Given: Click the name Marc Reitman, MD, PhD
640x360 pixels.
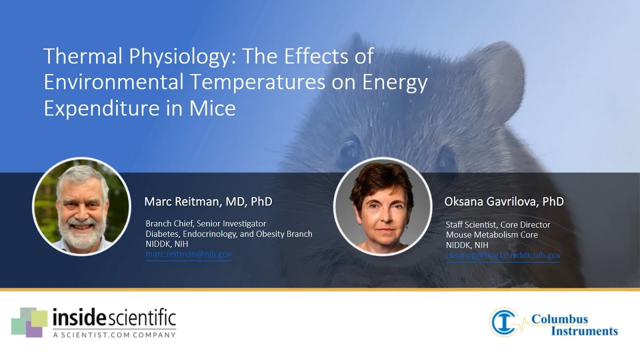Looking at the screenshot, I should (208, 201).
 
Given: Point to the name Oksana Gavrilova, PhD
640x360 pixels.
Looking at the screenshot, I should (504, 201).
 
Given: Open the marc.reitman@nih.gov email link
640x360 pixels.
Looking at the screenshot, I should (188, 254).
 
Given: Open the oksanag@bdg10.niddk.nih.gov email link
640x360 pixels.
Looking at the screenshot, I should (503, 255).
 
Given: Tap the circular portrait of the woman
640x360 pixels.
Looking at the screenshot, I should (382, 207).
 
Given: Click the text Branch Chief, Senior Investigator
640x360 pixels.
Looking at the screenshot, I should (205, 223).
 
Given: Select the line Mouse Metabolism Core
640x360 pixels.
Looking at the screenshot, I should (491, 235).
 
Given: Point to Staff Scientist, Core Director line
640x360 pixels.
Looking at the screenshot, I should (498, 224).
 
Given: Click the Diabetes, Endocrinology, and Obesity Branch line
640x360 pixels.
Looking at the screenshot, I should (228, 234).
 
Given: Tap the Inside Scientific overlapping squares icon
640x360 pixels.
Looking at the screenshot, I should (29, 322).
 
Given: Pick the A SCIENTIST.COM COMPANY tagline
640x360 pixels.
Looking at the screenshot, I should (114, 334).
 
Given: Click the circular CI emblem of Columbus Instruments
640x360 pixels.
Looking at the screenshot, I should (504, 321).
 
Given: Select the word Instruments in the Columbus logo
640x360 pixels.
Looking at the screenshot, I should (584, 331).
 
